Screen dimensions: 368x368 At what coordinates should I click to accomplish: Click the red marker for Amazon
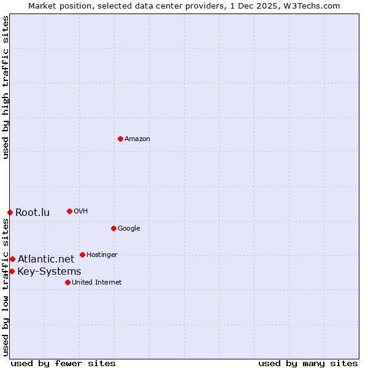click(120, 139)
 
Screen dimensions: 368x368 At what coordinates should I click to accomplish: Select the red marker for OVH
click(69, 211)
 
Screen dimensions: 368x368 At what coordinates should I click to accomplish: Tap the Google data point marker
click(113, 228)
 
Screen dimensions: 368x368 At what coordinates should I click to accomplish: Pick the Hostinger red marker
click(82, 255)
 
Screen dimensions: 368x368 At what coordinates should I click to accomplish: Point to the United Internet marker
click(67, 282)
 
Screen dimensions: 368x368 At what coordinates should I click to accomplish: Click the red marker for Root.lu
click(10, 212)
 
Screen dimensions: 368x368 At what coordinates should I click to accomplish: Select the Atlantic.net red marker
click(12, 259)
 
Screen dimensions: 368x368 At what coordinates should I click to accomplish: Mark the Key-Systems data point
click(12, 271)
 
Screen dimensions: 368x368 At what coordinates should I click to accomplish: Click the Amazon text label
click(137, 139)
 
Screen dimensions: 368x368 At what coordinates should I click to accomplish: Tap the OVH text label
click(80, 212)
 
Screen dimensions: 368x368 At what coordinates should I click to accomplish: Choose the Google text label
click(129, 229)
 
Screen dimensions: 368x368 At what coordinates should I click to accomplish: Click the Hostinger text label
click(102, 255)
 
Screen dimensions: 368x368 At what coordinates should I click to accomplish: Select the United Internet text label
click(96, 283)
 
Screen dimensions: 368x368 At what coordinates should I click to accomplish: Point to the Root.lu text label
click(33, 213)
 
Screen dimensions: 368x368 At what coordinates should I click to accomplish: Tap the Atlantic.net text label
click(46, 259)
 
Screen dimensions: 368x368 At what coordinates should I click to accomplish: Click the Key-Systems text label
click(49, 272)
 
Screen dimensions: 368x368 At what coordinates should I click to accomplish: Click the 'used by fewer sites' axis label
click(63, 363)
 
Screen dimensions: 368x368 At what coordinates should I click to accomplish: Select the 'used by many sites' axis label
click(308, 363)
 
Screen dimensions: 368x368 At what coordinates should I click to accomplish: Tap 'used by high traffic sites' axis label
click(6, 88)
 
